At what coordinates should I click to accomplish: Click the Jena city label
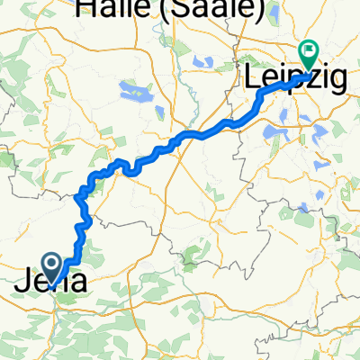click(x=52, y=283)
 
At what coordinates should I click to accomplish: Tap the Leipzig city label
click(x=295, y=79)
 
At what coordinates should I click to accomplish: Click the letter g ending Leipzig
click(x=338, y=83)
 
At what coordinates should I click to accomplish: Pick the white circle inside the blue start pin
click(x=52, y=263)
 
